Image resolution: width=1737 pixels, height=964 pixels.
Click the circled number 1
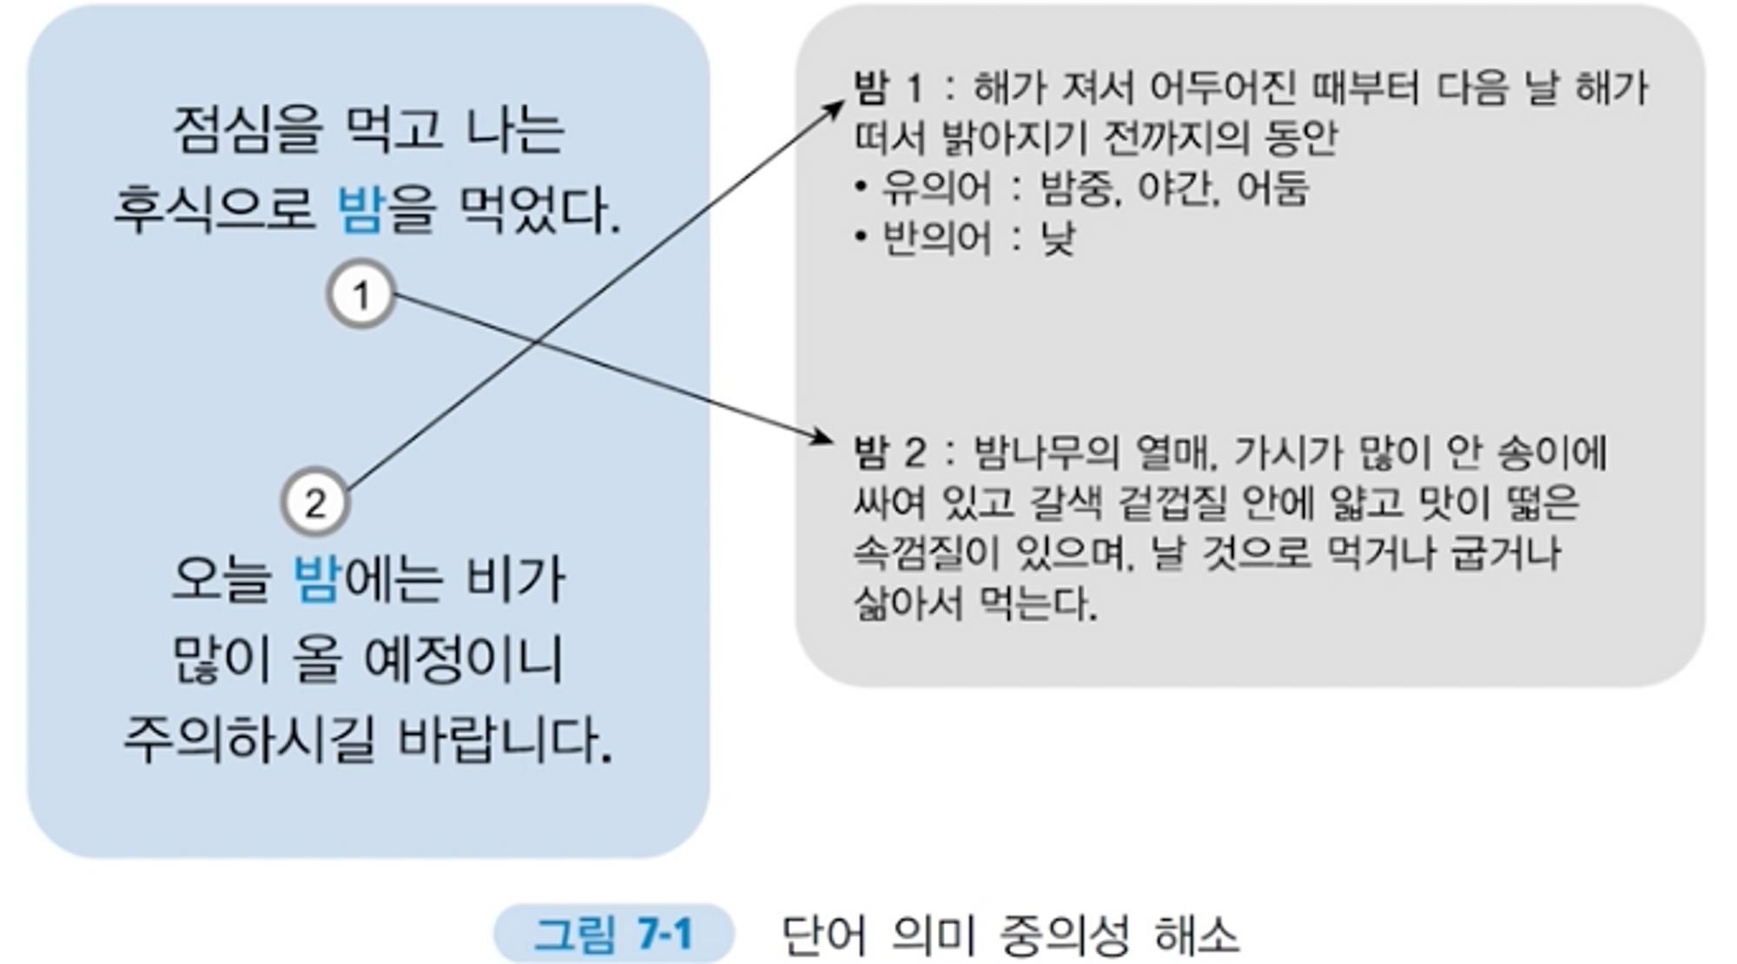tap(361, 295)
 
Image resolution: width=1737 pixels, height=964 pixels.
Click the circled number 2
tap(315, 503)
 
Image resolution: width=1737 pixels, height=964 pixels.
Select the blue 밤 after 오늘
tap(316, 579)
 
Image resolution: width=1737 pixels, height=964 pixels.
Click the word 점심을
tap(248, 130)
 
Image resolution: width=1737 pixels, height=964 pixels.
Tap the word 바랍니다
tap(505, 740)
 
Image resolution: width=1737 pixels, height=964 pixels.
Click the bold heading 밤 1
tap(888, 88)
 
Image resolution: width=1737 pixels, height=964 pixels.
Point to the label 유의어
tap(936, 188)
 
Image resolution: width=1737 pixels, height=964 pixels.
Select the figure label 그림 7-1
tap(613, 934)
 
